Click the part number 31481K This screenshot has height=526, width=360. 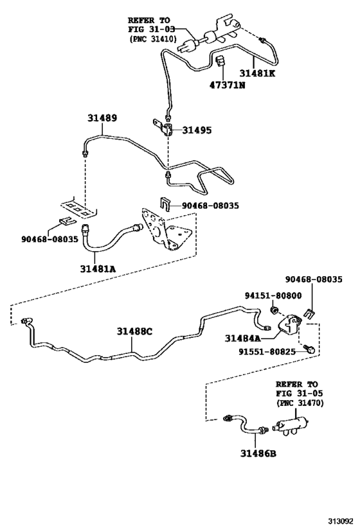click(x=257, y=73)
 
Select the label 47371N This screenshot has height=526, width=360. click(x=228, y=85)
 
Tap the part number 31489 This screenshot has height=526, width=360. click(x=102, y=118)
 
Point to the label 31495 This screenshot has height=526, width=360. click(x=197, y=130)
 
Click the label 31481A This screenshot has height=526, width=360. click(x=98, y=268)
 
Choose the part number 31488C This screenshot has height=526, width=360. click(x=134, y=331)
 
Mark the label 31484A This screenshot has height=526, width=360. click(x=242, y=338)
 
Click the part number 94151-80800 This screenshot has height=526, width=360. click(x=273, y=295)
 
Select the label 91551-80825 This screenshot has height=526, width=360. click(x=267, y=351)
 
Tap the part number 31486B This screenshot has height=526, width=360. click(x=258, y=453)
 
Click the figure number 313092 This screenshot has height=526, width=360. click(x=341, y=521)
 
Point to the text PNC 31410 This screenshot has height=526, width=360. click(x=152, y=39)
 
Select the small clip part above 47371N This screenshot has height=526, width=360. click(x=221, y=61)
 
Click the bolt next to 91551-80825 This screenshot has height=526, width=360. click(x=309, y=349)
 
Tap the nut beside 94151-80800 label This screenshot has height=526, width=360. click(x=274, y=309)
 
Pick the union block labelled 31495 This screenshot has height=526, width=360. click(x=164, y=127)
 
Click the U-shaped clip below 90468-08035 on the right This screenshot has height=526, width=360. click(x=309, y=313)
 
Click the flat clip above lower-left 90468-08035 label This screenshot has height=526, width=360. click(x=66, y=220)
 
